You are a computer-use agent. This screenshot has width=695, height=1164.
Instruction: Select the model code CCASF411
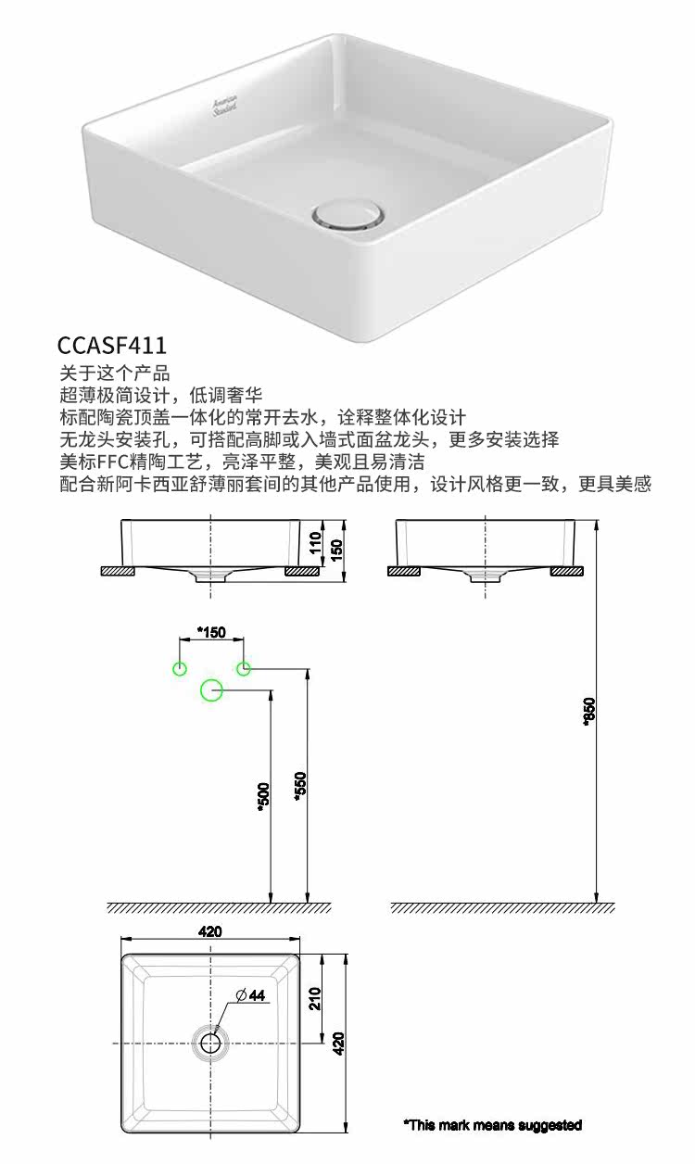coord(112,346)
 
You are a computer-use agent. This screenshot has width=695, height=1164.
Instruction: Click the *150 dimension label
coord(211,633)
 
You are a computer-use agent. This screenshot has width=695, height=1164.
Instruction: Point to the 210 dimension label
coord(314,998)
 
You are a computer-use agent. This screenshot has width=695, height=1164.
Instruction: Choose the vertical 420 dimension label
coord(338,1044)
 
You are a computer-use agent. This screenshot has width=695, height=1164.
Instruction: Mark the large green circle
coord(211,690)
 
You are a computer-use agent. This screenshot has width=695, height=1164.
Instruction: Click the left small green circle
coord(180,668)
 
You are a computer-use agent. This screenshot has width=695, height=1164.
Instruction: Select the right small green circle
coord(243,668)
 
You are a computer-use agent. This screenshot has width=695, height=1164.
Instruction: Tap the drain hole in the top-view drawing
coord(210,1043)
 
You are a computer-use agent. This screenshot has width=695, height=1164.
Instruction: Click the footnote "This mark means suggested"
coord(492,1125)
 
